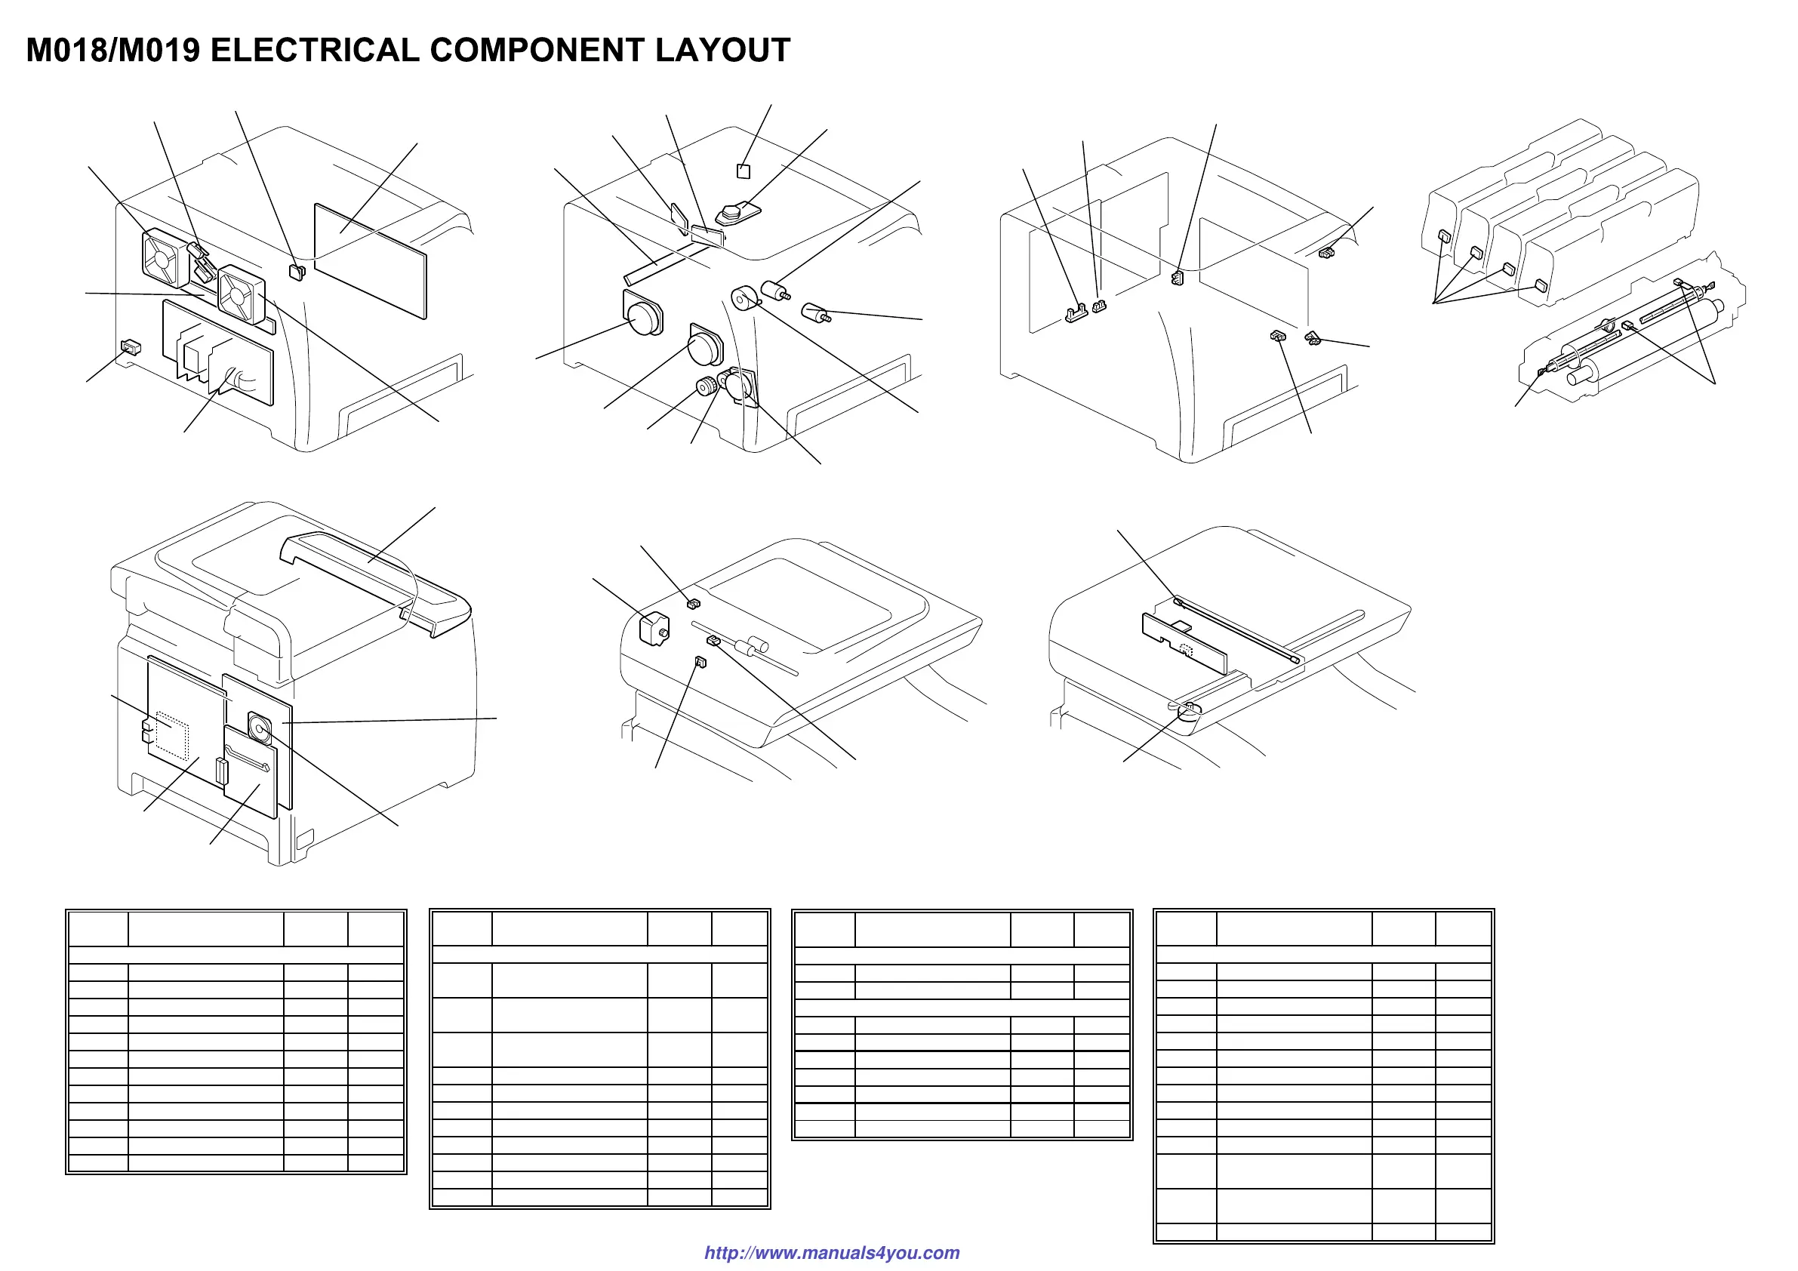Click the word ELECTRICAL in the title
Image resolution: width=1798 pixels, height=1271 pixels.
[314, 50]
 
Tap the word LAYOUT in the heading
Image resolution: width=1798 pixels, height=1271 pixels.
[722, 50]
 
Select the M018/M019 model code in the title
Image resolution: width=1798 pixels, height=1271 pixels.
[112, 50]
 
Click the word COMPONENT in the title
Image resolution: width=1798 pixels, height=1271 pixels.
[538, 50]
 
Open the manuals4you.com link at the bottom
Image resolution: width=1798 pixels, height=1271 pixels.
[832, 1252]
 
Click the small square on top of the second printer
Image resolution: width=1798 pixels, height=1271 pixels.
[744, 171]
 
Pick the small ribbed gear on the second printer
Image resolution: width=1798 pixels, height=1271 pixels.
[707, 386]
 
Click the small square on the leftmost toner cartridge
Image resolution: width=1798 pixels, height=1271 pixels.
[1444, 235]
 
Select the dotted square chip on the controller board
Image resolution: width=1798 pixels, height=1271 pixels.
[172, 734]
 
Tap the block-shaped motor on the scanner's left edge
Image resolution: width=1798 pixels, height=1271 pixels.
[654, 629]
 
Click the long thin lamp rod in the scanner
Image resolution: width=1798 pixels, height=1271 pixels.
[1237, 631]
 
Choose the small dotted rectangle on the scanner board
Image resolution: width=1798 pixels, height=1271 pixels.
[1185, 649]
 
